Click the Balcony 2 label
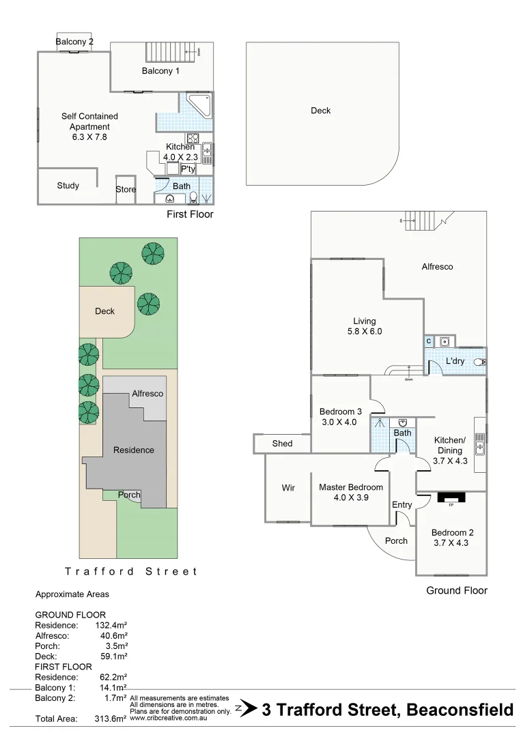(x=74, y=42)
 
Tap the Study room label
(x=68, y=186)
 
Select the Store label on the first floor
(x=126, y=190)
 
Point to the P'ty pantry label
(x=188, y=169)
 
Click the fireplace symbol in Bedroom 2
(x=451, y=497)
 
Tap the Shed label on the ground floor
(x=282, y=444)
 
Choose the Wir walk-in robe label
(x=288, y=488)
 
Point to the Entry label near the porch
(x=402, y=505)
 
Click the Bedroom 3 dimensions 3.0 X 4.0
(x=339, y=422)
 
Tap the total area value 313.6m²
(x=110, y=719)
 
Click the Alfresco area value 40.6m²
(x=114, y=635)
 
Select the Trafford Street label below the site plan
(x=130, y=571)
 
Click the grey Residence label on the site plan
(x=133, y=450)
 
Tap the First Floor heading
(x=190, y=214)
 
